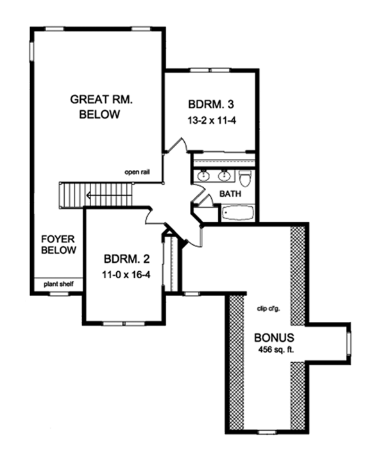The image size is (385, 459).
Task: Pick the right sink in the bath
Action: (225, 175)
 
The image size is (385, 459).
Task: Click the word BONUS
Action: (273, 337)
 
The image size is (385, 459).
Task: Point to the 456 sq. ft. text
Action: (273, 350)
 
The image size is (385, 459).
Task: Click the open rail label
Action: (139, 172)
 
